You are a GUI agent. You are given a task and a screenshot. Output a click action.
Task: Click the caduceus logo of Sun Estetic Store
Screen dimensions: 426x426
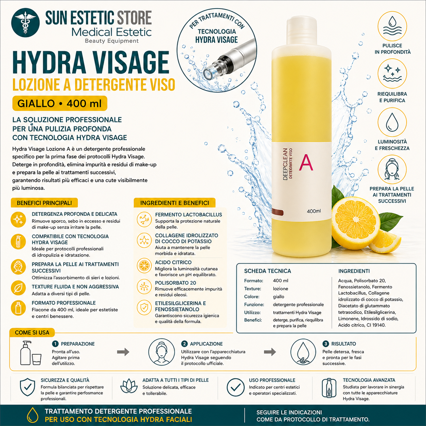(25, 23)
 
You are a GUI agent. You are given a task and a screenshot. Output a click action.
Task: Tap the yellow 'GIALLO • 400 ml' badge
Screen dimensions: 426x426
(59, 104)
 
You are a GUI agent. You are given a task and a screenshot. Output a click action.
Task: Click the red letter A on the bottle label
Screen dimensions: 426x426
(306, 163)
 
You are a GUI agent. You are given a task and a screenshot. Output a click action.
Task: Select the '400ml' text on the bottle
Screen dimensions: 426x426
(314, 211)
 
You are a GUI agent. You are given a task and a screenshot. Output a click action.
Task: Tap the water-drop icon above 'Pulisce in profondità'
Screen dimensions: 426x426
(392, 26)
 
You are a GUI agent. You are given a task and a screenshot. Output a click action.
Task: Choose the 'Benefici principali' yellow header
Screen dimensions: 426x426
(44, 203)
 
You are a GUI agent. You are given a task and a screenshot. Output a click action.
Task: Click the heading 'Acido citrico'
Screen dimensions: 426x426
(173, 262)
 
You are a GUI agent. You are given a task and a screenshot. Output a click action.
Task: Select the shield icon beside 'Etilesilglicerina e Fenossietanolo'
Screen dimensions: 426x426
(144, 308)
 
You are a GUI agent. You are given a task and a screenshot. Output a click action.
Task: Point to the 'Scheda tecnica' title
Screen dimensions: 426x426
(267, 271)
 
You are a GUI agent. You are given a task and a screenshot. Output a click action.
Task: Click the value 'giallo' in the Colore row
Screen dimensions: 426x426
(279, 297)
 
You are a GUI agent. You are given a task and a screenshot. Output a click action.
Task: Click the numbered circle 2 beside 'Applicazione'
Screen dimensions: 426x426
(184, 344)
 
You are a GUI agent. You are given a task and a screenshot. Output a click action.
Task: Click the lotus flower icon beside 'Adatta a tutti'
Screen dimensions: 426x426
(129, 387)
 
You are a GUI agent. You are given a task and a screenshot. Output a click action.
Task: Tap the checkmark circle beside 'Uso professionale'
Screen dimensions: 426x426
(235, 387)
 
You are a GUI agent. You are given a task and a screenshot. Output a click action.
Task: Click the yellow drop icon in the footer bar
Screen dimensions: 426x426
(33, 415)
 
